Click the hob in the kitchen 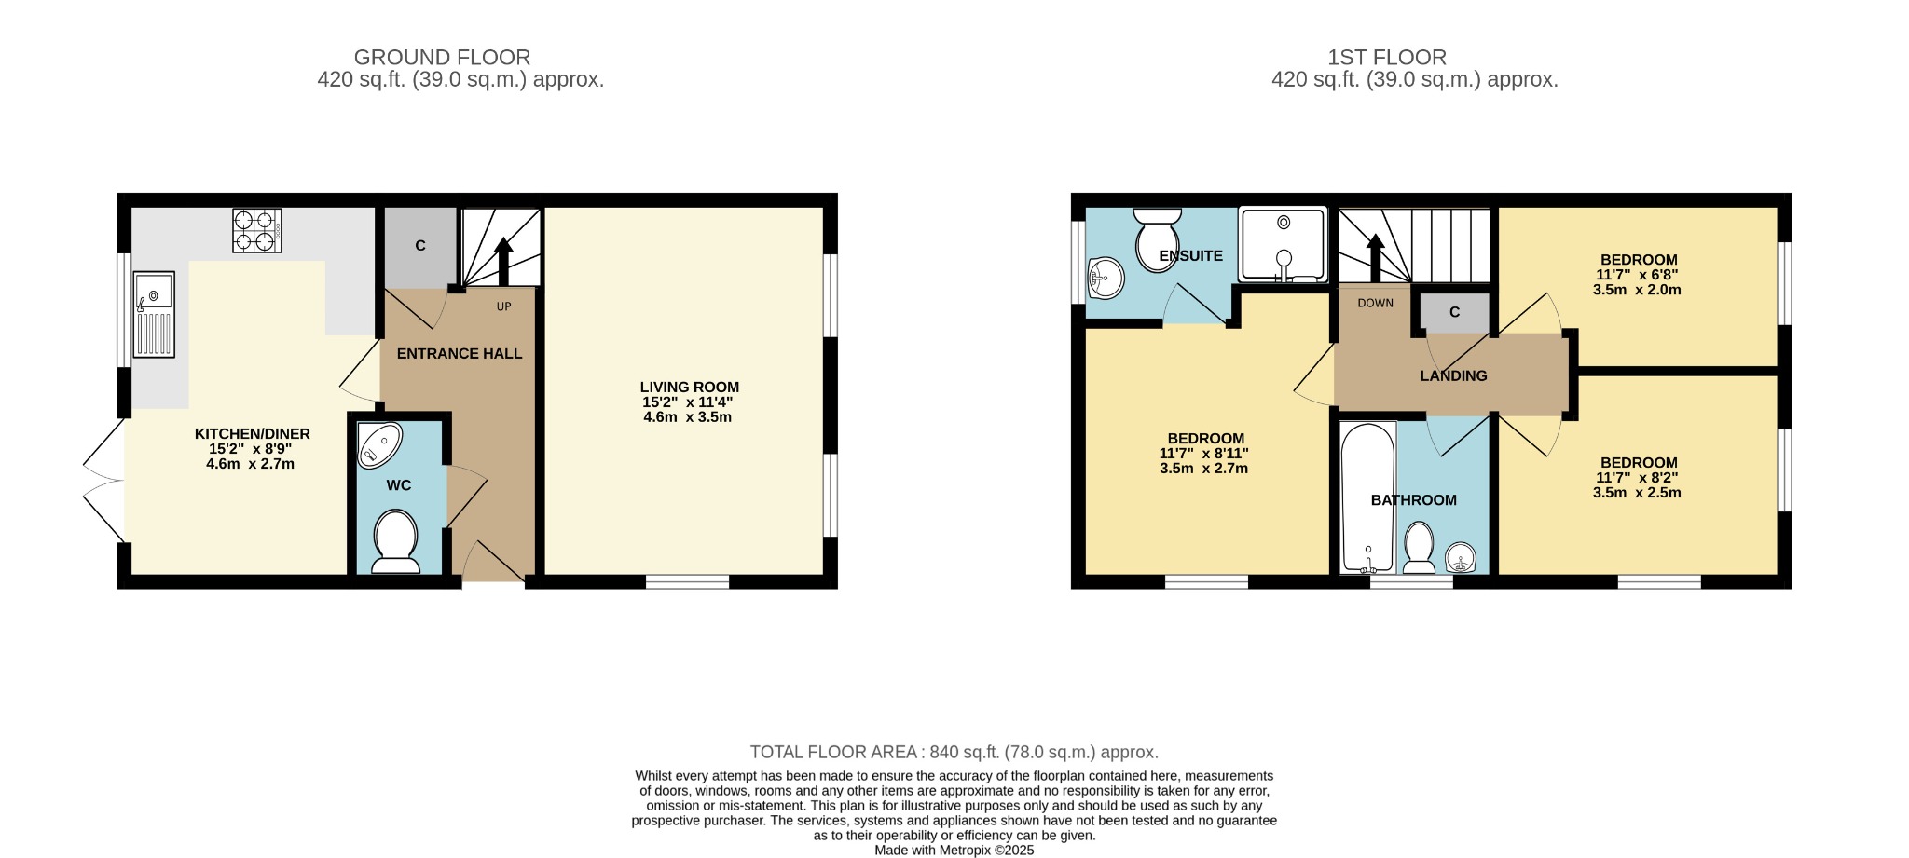pyautogui.click(x=256, y=230)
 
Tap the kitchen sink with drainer pyautogui.click(x=154, y=314)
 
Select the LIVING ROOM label pyautogui.click(x=689, y=387)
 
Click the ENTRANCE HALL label pyautogui.click(x=459, y=354)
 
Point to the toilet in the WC pyautogui.click(x=396, y=540)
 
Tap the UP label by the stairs pyautogui.click(x=503, y=306)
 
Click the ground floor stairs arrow pyautogui.click(x=502, y=261)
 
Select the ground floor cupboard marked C pyautogui.click(x=420, y=246)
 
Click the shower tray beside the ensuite pyautogui.click(x=1283, y=244)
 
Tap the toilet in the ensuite pyautogui.click(x=1157, y=239)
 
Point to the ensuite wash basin pyautogui.click(x=1106, y=277)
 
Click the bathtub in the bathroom pyautogui.click(x=1367, y=497)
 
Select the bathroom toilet pyautogui.click(x=1419, y=547)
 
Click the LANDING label pyautogui.click(x=1453, y=375)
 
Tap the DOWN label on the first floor pyautogui.click(x=1375, y=303)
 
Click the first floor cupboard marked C pyautogui.click(x=1454, y=312)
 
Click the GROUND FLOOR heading pyautogui.click(x=442, y=58)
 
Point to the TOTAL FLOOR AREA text pyautogui.click(x=954, y=752)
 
